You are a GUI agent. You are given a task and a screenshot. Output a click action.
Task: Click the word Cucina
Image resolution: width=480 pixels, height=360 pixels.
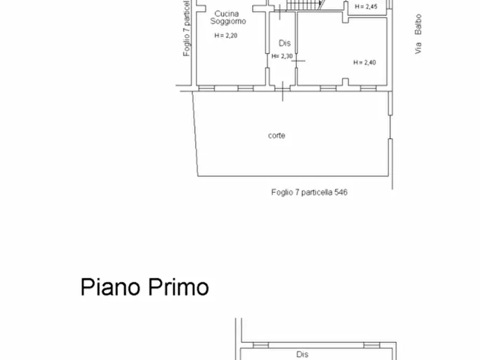pos(227,13)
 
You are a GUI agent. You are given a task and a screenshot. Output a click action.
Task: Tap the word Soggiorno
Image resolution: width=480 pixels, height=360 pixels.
pos(228,21)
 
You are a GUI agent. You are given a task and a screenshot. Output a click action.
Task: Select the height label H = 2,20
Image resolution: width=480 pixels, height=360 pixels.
pos(226,36)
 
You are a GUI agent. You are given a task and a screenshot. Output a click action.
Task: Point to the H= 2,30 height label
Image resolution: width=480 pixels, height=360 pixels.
pos(282,56)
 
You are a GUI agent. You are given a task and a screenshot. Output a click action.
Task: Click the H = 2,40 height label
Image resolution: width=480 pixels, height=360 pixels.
pos(364,62)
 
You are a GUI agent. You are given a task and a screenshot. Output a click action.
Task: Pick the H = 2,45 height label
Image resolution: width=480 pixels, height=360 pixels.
pos(366,6)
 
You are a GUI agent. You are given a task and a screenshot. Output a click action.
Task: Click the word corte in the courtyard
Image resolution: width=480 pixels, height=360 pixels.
pos(276,135)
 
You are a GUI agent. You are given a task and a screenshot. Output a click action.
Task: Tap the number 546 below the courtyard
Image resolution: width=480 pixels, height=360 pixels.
pos(341,192)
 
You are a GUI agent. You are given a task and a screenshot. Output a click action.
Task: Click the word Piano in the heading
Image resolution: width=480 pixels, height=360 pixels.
pos(111,287)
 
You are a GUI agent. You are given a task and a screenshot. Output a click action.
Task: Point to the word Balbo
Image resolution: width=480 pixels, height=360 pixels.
pos(418,25)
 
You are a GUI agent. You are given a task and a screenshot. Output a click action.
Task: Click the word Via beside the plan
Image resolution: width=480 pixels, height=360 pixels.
pos(418,48)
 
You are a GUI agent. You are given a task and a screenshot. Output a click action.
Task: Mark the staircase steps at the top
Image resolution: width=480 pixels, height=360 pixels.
pos(304,5)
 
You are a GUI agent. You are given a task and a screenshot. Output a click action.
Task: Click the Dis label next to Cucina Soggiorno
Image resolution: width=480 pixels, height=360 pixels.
pos(284,43)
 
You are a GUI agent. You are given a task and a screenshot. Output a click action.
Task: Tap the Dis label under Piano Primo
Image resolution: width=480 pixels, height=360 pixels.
pos(302,355)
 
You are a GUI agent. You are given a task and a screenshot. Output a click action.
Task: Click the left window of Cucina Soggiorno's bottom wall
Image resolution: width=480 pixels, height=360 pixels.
pos(206,87)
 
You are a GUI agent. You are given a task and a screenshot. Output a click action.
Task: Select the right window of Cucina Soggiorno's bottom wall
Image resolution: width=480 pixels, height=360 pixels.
pos(245,87)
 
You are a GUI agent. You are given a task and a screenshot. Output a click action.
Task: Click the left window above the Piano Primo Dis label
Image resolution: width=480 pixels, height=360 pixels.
pos(261,345)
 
